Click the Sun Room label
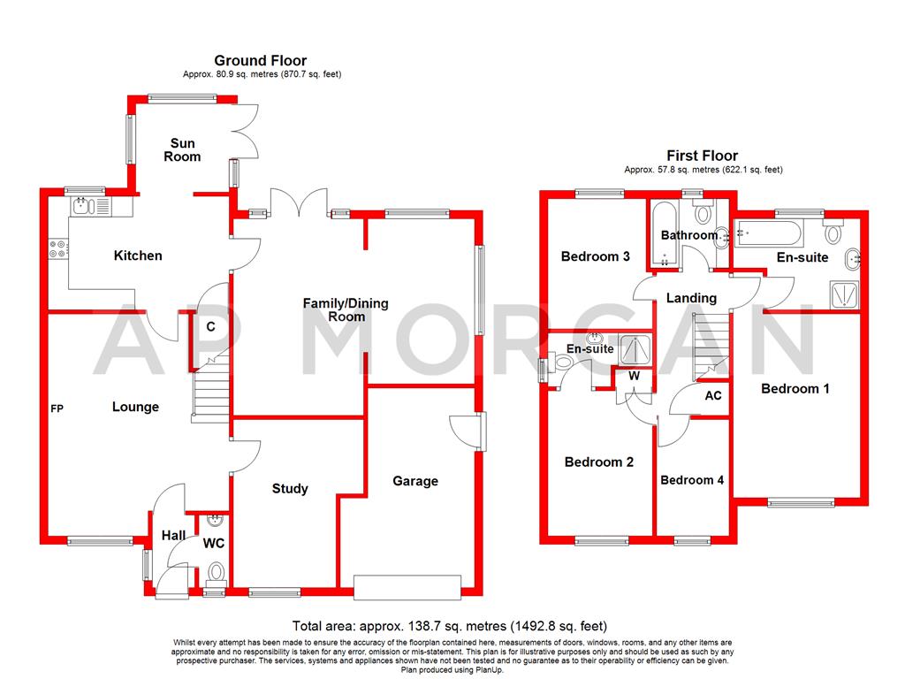[x=183, y=149]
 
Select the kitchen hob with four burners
[x=59, y=249]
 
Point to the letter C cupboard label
[x=211, y=326]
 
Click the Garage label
[x=415, y=481]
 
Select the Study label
[x=290, y=488]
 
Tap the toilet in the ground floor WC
[x=214, y=576]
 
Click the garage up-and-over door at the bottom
[x=407, y=585]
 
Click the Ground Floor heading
[x=261, y=60]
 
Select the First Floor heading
[x=703, y=156]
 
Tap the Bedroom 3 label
[x=596, y=256]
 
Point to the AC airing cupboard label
[x=712, y=395]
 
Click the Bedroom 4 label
[x=692, y=480]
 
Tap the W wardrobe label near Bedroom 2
[x=634, y=375]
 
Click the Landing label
[x=691, y=298]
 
